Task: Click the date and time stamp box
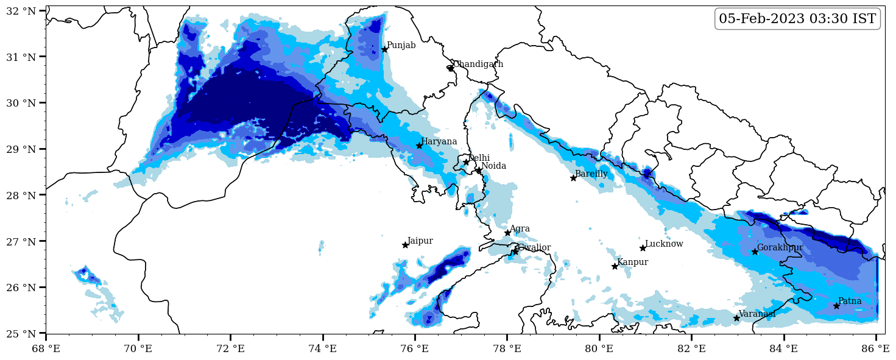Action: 797,19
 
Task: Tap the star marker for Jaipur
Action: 405,245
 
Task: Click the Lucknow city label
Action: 664,244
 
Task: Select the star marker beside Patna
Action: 836,306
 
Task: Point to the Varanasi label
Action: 757,314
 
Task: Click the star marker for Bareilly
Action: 573,178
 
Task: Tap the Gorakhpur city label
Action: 780,248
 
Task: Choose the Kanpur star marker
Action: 615,266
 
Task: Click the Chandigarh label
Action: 478,65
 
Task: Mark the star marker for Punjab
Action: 384,49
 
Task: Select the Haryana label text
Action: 439,142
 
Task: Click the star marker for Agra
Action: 507,233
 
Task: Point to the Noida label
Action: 493,166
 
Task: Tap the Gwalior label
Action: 534,248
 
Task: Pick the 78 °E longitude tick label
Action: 507,349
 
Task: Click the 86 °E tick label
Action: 876,349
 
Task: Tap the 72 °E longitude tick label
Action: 230,349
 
